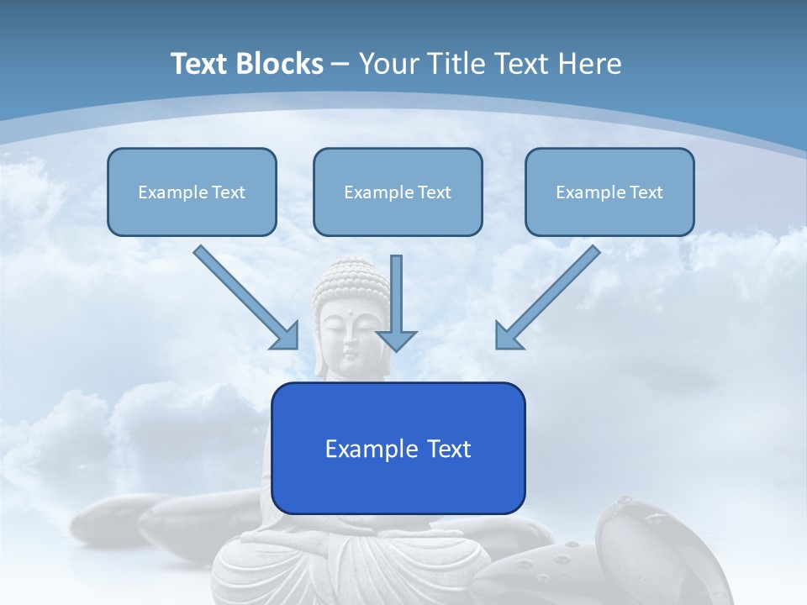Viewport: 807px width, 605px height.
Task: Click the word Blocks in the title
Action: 278,64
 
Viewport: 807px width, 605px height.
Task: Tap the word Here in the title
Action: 593,64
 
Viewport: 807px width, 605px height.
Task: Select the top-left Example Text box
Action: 192,192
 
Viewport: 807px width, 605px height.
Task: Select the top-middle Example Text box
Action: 398,192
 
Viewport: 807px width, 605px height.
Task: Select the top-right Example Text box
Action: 609,192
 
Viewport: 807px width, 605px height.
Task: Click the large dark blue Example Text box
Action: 398,448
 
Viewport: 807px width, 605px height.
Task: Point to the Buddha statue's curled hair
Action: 351,278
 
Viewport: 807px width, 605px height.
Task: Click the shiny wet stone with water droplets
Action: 639,546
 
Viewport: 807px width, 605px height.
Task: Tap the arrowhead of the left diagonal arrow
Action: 286,336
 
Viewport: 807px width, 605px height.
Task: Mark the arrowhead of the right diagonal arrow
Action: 508,336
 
